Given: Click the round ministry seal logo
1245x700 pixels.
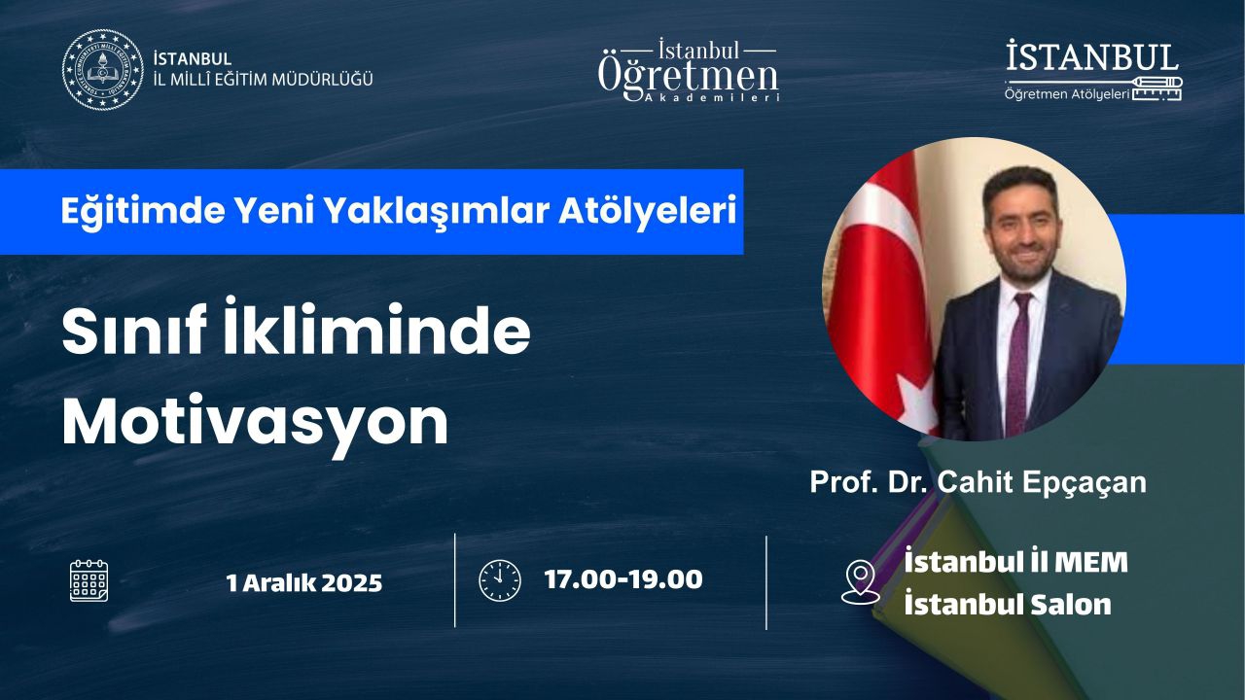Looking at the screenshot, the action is (x=102, y=69).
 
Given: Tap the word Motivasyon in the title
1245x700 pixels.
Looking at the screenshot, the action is (x=255, y=423).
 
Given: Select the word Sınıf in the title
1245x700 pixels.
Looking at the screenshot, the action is (x=134, y=331).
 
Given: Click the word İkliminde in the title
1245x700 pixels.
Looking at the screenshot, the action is (x=376, y=328).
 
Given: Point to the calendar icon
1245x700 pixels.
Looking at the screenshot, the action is (x=89, y=581).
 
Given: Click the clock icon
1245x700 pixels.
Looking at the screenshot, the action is (x=500, y=580).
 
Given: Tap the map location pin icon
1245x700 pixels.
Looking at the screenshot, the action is (x=861, y=581).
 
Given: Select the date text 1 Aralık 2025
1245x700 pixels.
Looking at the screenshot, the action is (x=304, y=582).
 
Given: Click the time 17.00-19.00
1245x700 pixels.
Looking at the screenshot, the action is (x=623, y=579).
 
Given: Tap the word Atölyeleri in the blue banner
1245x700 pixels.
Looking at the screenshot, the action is (x=648, y=211).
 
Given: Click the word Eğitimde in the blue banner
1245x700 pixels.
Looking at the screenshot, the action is (x=142, y=212).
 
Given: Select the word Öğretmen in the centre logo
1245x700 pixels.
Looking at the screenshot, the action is (x=688, y=77).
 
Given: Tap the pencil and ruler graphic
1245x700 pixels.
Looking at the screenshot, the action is (x=1157, y=88).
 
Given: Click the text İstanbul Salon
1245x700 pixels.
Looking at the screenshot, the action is (x=1007, y=605).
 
